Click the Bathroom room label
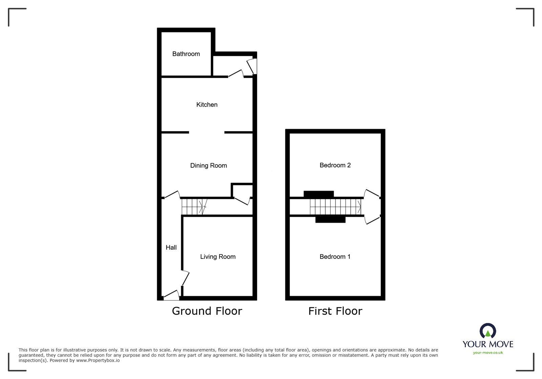click(186, 54)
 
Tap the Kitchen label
click(207, 105)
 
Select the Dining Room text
click(208, 166)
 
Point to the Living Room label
click(217, 257)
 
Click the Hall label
click(171, 248)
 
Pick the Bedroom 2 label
click(335, 165)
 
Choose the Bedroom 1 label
click(335, 257)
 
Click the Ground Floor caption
click(207, 311)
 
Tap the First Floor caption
click(335, 311)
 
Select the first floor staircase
click(335, 207)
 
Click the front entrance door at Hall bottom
click(172, 296)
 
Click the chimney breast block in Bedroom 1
click(330, 220)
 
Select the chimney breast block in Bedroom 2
click(318, 194)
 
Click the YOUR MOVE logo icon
click(488, 331)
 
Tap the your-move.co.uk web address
click(488, 353)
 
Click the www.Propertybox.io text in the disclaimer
click(98, 360)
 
